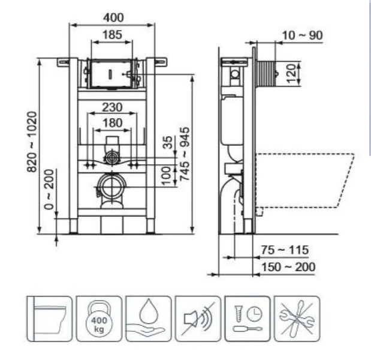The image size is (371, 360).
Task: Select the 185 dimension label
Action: [112, 35]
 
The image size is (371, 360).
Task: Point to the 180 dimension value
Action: [112, 123]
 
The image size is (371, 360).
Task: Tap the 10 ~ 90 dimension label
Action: [303, 35]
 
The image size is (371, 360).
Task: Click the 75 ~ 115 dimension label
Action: [284, 250]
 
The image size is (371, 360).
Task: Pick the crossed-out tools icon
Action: [296, 319]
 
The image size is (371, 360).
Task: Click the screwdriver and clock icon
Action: [246, 319]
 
